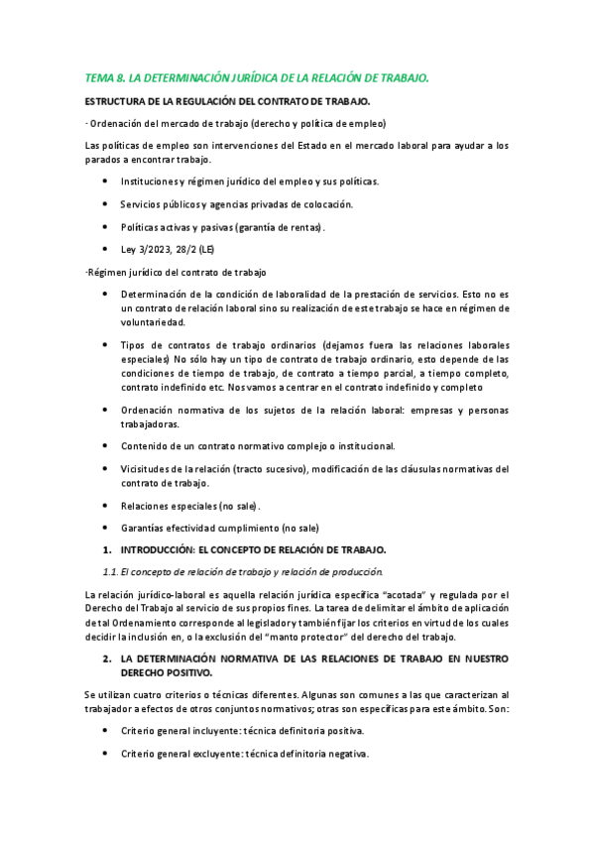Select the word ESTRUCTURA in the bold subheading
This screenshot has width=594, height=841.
117,101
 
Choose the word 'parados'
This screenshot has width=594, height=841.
102,160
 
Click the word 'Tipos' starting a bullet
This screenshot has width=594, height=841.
133,344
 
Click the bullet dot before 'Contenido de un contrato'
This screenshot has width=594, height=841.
106,446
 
